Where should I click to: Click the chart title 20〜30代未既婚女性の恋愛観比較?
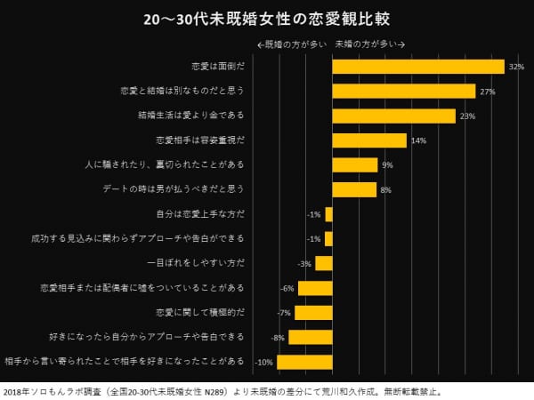pyautogui.click(x=265, y=19)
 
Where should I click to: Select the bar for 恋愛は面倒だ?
pyautogui.click(x=418, y=67)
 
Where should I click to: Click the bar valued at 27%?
pyautogui.click(x=403, y=92)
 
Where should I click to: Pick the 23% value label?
pyautogui.click(x=468, y=116)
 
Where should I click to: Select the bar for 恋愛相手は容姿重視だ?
pyautogui.click(x=369, y=140)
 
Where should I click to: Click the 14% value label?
pyautogui.click(x=419, y=141)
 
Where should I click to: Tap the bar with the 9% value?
pyautogui.click(x=355, y=164)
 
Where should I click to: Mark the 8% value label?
pyautogui.click(x=386, y=190)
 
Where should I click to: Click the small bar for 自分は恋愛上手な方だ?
pyautogui.click(x=328, y=214)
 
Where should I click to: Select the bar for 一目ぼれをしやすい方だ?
pyautogui.click(x=323, y=263)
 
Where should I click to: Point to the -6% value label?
pyautogui.click(x=287, y=289)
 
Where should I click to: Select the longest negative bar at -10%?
pyautogui.click(x=304, y=362)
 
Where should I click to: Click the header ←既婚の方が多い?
pyautogui.click(x=291, y=44)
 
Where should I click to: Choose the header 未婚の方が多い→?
pyautogui.click(x=370, y=44)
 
